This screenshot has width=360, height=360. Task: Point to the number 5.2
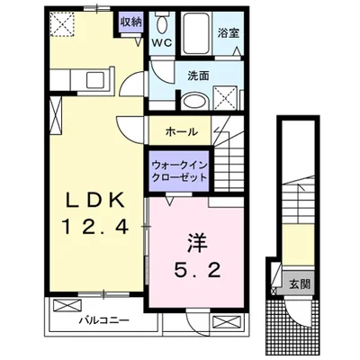[x=198, y=269]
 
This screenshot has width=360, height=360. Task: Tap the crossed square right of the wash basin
[x=224, y=97]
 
